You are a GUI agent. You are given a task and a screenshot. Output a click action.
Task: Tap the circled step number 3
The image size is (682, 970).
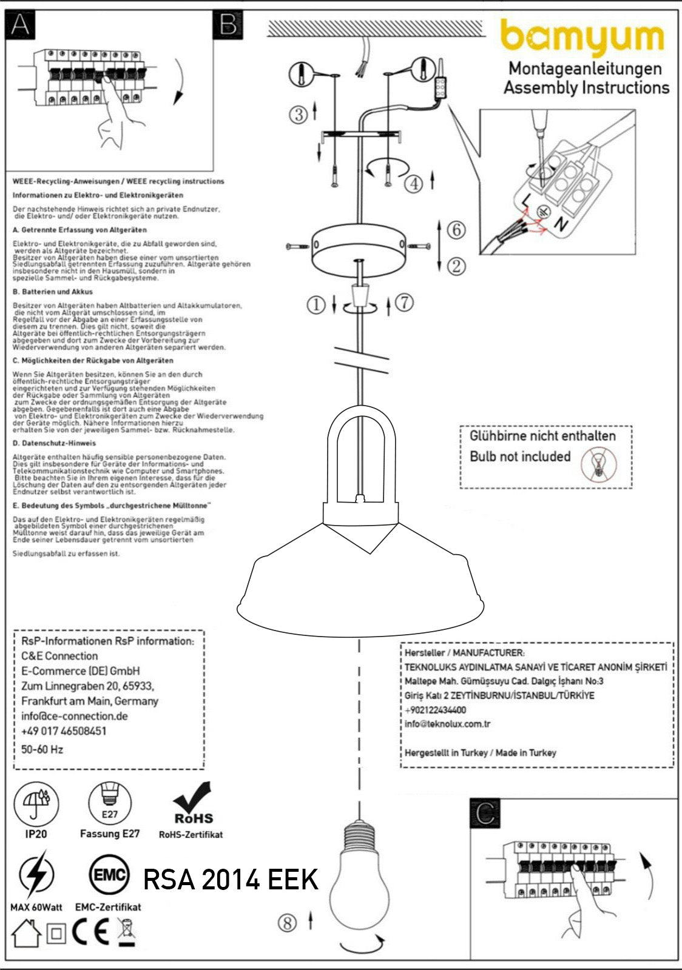(x=298, y=114)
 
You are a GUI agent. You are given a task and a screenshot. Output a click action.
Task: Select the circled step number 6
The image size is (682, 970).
(x=456, y=230)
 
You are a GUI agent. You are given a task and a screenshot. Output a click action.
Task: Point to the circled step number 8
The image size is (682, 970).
(x=287, y=923)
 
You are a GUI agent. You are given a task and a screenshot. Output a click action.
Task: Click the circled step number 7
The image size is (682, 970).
(x=404, y=302)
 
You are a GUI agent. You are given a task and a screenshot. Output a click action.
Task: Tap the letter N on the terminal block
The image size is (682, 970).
(x=561, y=225)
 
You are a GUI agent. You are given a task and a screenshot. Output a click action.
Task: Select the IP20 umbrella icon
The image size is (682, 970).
(x=36, y=804)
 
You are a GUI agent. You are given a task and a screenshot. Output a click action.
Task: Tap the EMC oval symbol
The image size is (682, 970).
(x=109, y=875)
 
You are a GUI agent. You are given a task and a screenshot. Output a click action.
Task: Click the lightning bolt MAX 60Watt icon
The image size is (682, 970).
(x=36, y=875)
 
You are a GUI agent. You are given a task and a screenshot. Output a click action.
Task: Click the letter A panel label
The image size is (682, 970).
(x=20, y=25)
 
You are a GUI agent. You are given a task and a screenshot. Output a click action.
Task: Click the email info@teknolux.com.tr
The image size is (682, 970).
(x=448, y=724)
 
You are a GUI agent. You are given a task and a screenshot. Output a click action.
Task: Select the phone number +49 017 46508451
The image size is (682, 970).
(x=64, y=731)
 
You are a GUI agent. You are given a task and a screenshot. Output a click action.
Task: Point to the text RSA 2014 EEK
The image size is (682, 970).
(x=231, y=880)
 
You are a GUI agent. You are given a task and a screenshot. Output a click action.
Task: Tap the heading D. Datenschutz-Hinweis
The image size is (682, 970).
(x=54, y=443)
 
